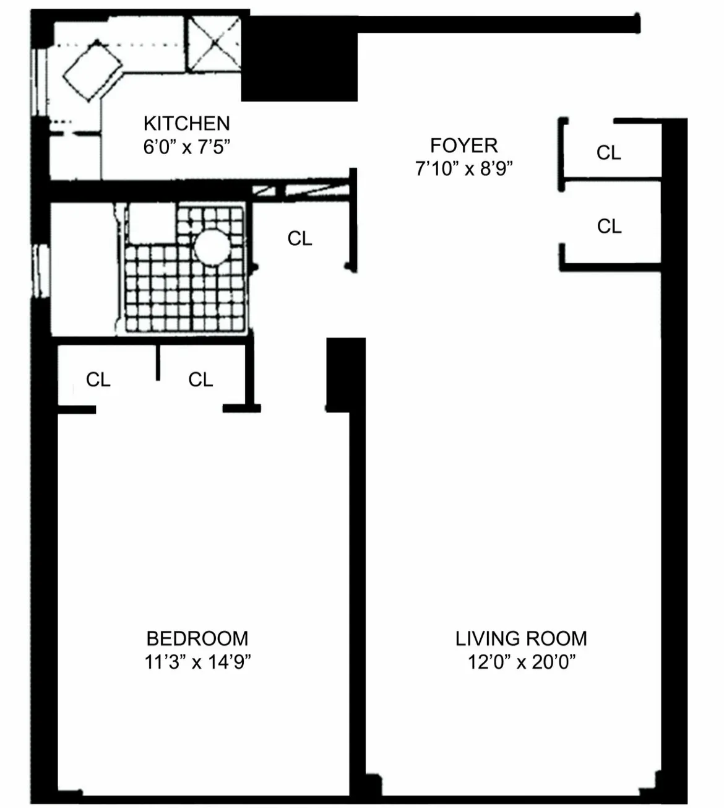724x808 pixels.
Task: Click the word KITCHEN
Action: pyautogui.click(x=186, y=123)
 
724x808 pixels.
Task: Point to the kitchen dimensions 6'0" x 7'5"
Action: pyautogui.click(x=186, y=147)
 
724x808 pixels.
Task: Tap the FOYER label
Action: pyautogui.click(x=463, y=146)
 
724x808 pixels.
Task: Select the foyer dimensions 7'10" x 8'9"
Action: pyautogui.click(x=463, y=168)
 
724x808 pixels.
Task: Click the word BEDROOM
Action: pyautogui.click(x=197, y=638)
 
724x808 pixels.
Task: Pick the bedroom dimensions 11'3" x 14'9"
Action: pyautogui.click(x=197, y=662)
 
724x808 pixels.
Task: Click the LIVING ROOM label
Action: pyautogui.click(x=521, y=638)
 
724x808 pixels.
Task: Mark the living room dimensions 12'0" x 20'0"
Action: pyautogui.click(x=521, y=662)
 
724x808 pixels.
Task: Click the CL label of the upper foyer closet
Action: pyautogui.click(x=608, y=152)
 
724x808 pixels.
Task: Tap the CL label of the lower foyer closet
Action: pyautogui.click(x=609, y=226)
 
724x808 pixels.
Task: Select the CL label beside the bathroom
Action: pyautogui.click(x=300, y=238)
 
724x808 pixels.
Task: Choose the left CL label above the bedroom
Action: pyautogui.click(x=98, y=379)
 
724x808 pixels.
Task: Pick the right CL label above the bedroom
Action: pyautogui.click(x=200, y=379)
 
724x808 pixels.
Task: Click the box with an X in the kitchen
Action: pyautogui.click(x=213, y=42)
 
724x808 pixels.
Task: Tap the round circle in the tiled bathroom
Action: pyautogui.click(x=212, y=247)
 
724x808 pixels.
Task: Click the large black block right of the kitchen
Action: pyautogui.click(x=300, y=59)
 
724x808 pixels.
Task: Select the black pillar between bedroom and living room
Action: pyautogui.click(x=338, y=374)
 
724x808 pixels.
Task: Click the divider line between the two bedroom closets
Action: pyautogui.click(x=158, y=362)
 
